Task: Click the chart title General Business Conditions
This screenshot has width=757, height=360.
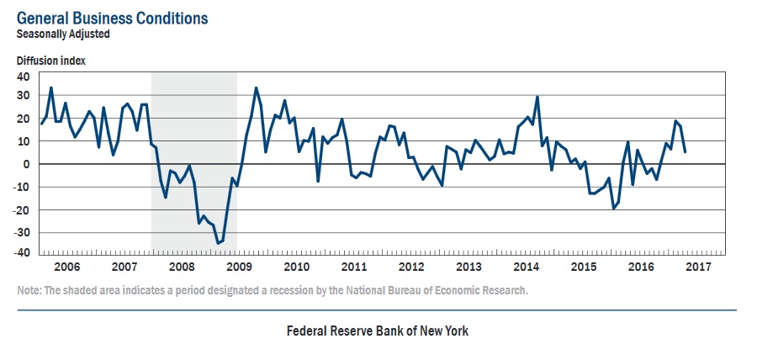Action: pyautogui.click(x=113, y=18)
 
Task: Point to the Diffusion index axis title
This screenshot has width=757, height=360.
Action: pyautogui.click(x=50, y=61)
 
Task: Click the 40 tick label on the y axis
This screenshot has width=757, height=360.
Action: pyautogui.click(x=23, y=76)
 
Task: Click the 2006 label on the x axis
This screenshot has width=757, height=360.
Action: pyautogui.click(x=66, y=267)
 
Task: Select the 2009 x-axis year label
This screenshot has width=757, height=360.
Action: pyautogui.click(x=239, y=267)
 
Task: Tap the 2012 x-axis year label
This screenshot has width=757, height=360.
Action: pyautogui.click(x=411, y=267)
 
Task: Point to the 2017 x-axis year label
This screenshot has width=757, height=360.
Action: pyautogui.click(x=698, y=267)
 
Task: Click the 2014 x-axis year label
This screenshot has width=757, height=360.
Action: pyautogui.click(x=527, y=267)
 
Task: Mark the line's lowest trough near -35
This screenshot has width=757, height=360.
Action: pyautogui.click(x=218, y=243)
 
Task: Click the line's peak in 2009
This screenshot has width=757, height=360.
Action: pyautogui.click(x=256, y=87)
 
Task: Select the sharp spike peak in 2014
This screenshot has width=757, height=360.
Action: pyautogui.click(x=537, y=97)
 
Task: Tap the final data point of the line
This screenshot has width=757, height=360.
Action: pyautogui.click(x=685, y=152)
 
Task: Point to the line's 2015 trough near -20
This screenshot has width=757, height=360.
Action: pyautogui.click(x=614, y=208)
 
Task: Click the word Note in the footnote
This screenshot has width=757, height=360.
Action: pyautogui.click(x=29, y=290)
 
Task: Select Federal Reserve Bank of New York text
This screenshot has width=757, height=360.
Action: pyautogui.click(x=378, y=331)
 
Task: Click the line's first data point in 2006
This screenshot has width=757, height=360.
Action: pyautogui.click(x=41, y=124)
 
